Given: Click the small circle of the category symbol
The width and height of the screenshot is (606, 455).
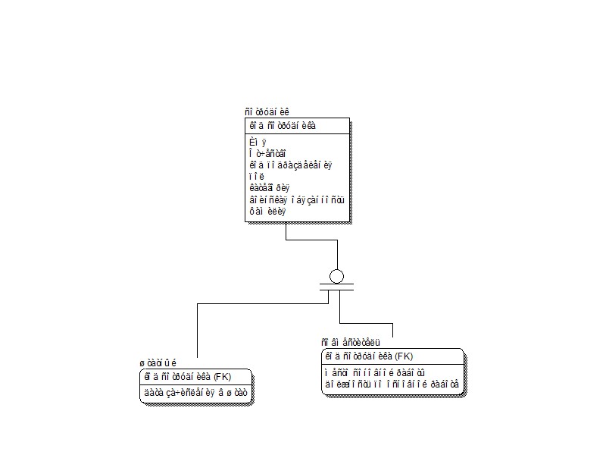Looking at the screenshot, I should [x=336, y=276].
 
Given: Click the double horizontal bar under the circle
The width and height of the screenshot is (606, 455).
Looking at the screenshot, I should [x=336, y=287].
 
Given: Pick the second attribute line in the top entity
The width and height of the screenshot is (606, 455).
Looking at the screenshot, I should [x=267, y=153].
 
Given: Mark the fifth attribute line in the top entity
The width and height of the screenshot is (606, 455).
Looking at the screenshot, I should [x=270, y=187].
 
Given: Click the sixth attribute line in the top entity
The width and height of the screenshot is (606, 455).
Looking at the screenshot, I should [x=296, y=199].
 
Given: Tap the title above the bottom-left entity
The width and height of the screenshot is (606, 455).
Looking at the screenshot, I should [x=157, y=362].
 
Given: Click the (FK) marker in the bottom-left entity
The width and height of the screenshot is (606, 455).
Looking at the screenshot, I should [x=221, y=376].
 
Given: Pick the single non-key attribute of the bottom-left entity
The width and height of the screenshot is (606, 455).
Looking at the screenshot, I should [x=195, y=393].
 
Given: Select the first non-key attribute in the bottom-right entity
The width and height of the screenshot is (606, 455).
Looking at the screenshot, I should [x=374, y=372].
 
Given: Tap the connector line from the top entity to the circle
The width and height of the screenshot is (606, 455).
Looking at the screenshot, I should [x=286, y=231].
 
